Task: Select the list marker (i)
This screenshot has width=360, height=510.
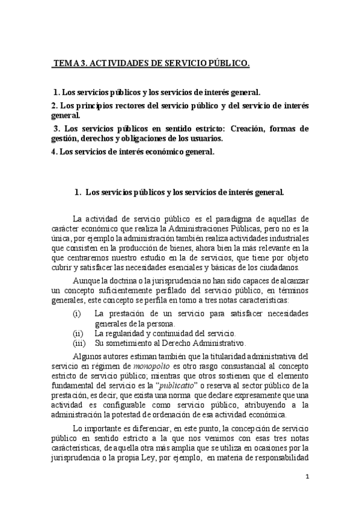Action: pyautogui.click(x=77, y=313)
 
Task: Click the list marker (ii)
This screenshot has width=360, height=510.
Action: pyautogui.click(x=78, y=333)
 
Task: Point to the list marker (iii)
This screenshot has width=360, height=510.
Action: pyautogui.click(x=79, y=343)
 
